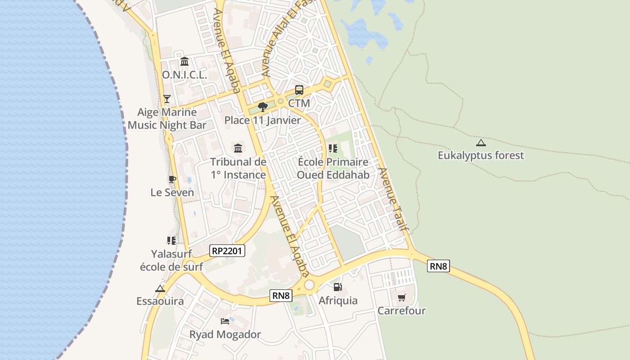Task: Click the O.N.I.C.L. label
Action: click(x=184, y=75)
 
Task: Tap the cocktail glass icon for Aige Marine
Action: click(x=167, y=99)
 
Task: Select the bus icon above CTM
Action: click(x=299, y=90)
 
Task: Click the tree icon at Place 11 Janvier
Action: click(x=263, y=107)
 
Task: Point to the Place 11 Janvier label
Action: click(x=262, y=121)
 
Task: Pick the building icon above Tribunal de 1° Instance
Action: click(x=238, y=148)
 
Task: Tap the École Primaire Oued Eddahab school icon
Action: click(x=333, y=148)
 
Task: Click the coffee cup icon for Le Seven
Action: click(x=172, y=179)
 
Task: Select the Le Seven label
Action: click(x=172, y=193)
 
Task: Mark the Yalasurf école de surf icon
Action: click(x=171, y=241)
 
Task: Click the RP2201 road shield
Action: click(x=227, y=251)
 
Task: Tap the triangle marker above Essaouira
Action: click(x=160, y=288)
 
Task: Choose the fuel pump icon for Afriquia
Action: click(x=337, y=287)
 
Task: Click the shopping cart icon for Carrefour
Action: click(x=401, y=297)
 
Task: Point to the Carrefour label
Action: click(x=401, y=311)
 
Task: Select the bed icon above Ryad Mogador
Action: click(x=225, y=321)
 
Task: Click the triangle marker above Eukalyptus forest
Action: click(x=481, y=143)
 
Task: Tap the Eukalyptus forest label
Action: click(x=481, y=156)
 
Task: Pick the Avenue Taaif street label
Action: click(x=394, y=199)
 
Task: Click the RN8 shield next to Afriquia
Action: click(x=281, y=296)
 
